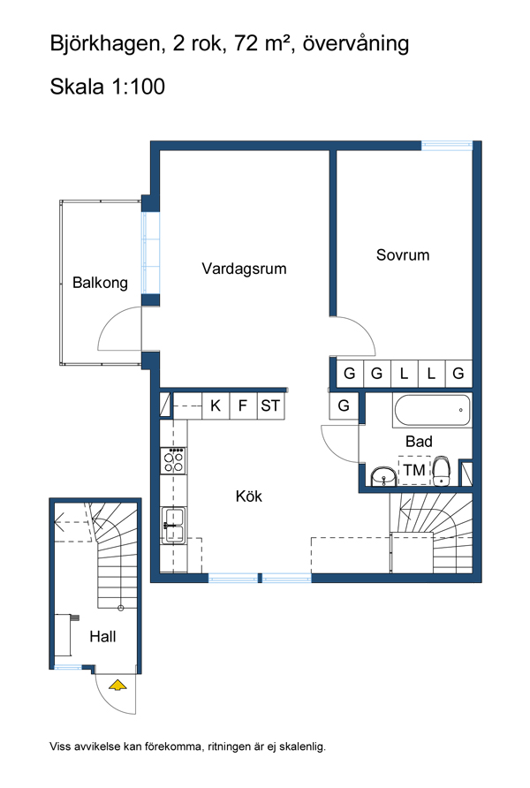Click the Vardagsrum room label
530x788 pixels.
click(244, 269)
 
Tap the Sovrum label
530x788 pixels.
click(403, 254)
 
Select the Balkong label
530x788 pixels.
click(100, 283)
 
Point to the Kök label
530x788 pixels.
click(249, 496)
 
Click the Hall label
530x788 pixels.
click(102, 636)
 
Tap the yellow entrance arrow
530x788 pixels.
click(117, 685)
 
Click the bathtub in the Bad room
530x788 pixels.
click(432, 410)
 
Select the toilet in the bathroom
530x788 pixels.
click(441, 470)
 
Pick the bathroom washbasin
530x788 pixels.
click(383, 476)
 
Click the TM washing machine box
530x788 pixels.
click(414, 470)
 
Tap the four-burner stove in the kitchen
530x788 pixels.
click(173, 460)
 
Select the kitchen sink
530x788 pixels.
click(173, 525)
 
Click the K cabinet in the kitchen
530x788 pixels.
click(216, 405)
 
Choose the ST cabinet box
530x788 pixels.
click(270, 405)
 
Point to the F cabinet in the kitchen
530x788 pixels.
click(243, 405)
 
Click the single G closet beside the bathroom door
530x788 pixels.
click(344, 405)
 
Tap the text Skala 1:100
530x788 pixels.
click(108, 87)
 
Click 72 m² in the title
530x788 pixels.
click(265, 43)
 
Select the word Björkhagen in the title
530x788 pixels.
click(104, 44)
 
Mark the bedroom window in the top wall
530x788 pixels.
click(447, 146)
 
